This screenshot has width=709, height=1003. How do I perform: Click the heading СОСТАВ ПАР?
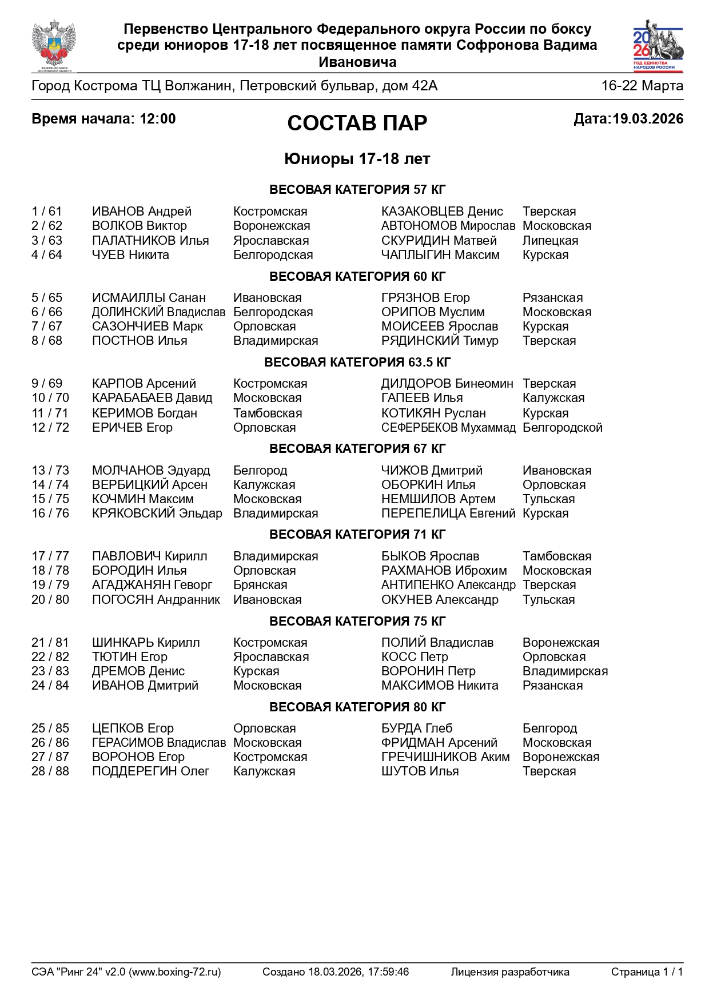[x=357, y=123]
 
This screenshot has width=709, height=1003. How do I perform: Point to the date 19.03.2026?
[x=647, y=119]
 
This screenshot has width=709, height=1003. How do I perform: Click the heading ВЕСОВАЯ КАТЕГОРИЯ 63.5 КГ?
[x=357, y=363]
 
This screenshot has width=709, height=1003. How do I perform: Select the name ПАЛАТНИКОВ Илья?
[x=150, y=241]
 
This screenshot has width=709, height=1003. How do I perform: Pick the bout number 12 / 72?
[x=50, y=428]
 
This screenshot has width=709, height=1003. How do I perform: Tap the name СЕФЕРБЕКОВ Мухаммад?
[x=448, y=428]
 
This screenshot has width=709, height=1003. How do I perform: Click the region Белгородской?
[x=562, y=428]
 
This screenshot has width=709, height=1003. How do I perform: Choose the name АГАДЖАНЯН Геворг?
[x=152, y=585]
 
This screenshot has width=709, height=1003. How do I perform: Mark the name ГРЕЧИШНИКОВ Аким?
[x=445, y=757]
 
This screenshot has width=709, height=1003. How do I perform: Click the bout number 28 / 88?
[x=50, y=771]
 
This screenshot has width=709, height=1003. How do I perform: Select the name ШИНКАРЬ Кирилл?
[x=146, y=643]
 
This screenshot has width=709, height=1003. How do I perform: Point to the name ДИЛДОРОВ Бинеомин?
[x=447, y=384]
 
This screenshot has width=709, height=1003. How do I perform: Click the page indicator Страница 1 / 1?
[x=647, y=972]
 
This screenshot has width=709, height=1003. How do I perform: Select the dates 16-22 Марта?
[x=642, y=86]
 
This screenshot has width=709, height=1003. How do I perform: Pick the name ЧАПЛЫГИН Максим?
[x=440, y=255]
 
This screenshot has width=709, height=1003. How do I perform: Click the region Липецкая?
[x=550, y=241]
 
